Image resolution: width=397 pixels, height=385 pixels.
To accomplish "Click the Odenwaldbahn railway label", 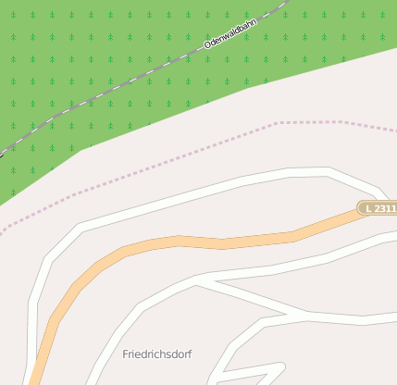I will click(x=230, y=31).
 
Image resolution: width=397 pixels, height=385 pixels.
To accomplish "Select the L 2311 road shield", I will click(x=378, y=209).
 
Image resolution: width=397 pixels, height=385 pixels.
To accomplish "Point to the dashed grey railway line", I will click(x=111, y=93).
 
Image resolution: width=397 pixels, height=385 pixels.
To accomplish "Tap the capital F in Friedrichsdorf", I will click(x=126, y=354).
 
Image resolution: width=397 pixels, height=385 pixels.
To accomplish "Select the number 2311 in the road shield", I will click(x=384, y=209).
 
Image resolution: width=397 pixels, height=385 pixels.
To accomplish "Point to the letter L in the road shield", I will click(x=369, y=209).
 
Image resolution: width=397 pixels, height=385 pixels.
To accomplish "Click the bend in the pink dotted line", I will click(x=278, y=123).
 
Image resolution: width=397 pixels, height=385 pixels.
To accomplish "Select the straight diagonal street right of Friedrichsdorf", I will click(x=250, y=298).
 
